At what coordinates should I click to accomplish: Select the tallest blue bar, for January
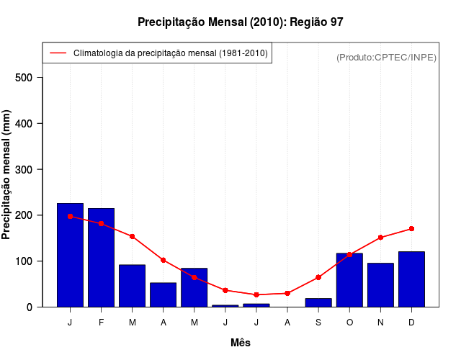point(70,255)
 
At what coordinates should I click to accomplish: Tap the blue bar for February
point(101,257)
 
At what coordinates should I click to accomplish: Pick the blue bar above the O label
point(349,280)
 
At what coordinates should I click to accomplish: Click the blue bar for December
point(411,279)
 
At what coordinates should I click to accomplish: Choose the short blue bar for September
point(318,302)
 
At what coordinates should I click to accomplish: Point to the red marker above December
point(411,229)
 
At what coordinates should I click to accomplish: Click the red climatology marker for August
point(287,293)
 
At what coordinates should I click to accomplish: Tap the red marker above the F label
point(101,224)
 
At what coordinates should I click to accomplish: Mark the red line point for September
point(318,277)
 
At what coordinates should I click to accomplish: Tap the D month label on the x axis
point(411,323)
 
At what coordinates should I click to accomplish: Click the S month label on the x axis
point(318,323)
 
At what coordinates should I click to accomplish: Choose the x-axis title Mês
point(241,343)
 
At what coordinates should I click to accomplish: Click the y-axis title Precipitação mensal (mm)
point(7,174)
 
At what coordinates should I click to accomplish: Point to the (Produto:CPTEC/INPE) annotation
point(386,57)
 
